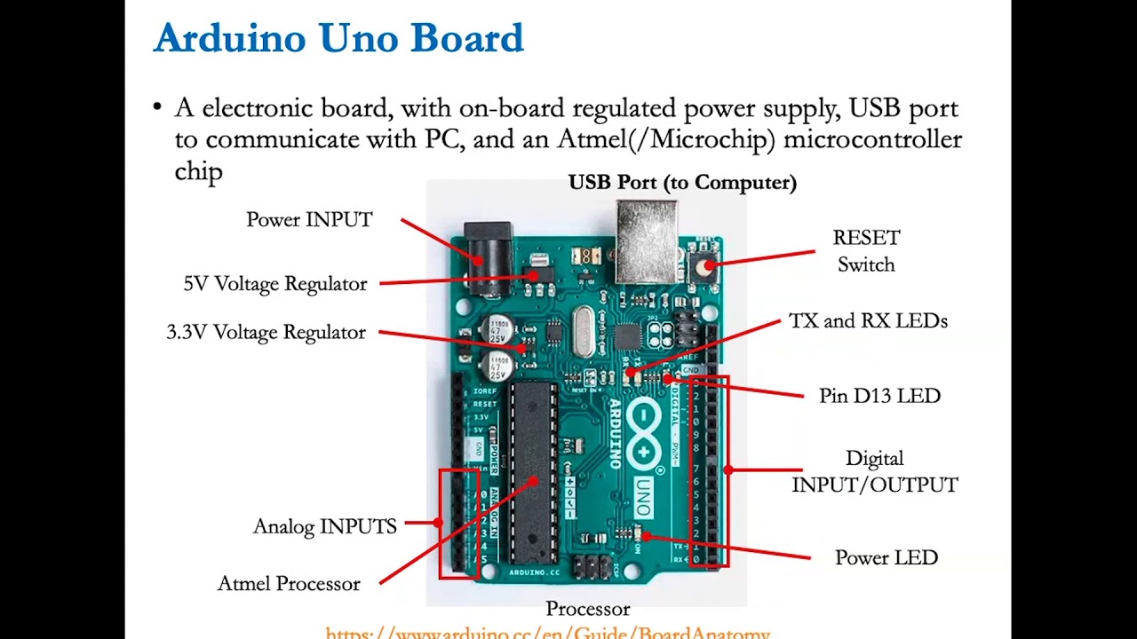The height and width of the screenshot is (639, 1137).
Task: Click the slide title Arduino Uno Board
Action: pos(338,39)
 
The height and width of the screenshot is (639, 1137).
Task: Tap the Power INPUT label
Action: pos(309,220)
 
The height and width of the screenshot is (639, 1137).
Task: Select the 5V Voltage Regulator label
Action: pos(275,284)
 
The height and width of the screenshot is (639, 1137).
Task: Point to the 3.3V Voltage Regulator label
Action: pos(266,332)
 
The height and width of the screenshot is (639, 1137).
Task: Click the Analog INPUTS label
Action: pos(325,526)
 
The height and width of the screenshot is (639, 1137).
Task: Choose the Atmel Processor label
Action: pos(289,584)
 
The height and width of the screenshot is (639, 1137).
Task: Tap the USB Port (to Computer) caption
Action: pos(682,183)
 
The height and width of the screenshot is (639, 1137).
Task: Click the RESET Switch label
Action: pos(866,251)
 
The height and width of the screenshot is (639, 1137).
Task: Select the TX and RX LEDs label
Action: pos(868,321)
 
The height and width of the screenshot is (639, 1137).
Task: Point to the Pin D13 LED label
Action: pos(879,396)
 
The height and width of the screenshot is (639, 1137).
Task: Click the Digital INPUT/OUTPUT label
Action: pos(875,471)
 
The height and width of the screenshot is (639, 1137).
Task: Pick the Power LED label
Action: pos(887,558)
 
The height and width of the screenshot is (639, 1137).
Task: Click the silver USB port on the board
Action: pos(647,240)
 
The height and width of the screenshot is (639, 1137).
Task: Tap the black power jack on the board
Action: pos(488,257)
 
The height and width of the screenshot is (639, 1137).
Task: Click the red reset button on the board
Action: pos(706,265)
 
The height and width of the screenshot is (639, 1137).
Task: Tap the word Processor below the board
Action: pos(588,609)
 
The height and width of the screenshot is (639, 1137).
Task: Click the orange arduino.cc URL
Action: pos(547,633)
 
